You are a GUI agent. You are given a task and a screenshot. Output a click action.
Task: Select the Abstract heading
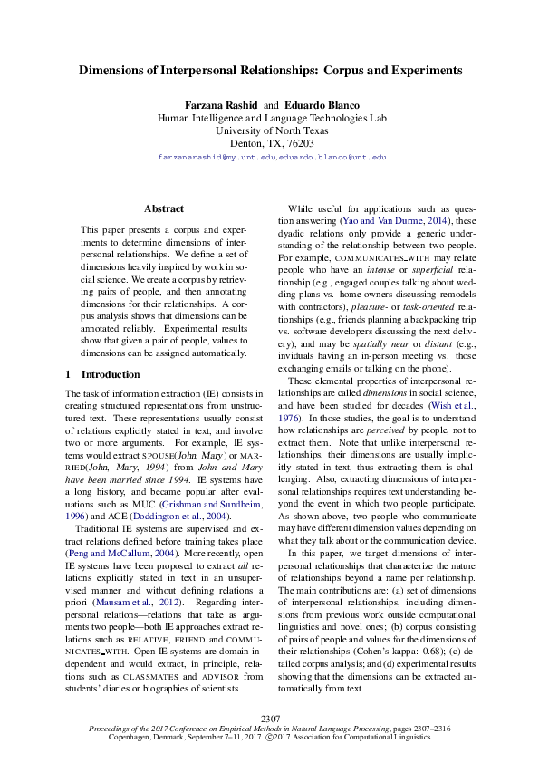(163, 208)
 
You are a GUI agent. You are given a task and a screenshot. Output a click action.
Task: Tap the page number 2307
(270, 720)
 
